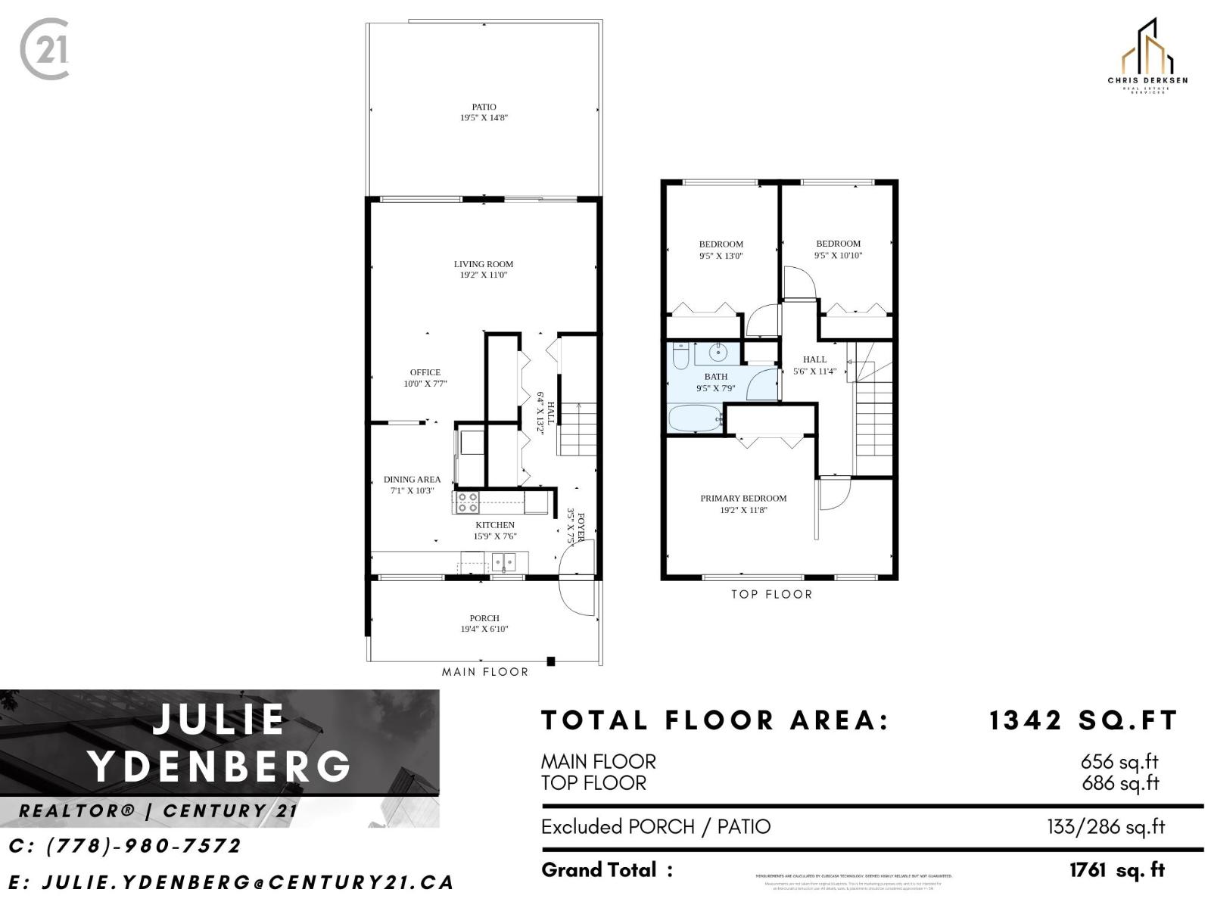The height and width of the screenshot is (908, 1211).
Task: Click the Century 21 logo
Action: click(45, 50)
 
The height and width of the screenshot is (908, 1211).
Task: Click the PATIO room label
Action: click(484, 107)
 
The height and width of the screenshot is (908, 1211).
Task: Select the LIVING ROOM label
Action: click(484, 264)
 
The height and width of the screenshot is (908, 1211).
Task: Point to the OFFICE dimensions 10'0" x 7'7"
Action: click(425, 384)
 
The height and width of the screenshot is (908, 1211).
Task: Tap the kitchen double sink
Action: click(503, 562)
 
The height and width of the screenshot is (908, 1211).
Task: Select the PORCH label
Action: click(484, 618)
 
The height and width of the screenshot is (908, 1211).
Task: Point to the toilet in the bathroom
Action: click(680, 356)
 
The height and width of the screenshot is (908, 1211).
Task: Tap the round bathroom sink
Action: click(718, 353)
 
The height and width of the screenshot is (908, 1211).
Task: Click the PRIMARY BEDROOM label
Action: click(743, 499)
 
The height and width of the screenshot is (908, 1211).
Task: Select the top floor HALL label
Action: click(814, 359)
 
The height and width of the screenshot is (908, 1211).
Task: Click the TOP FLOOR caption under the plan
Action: click(771, 595)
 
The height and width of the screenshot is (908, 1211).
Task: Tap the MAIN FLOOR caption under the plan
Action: click(485, 672)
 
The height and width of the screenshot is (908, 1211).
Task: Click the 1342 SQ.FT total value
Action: click(1083, 720)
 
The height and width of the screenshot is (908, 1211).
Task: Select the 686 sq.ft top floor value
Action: click(1120, 783)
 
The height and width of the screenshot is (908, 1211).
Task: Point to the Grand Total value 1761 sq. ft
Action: click(1117, 870)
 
